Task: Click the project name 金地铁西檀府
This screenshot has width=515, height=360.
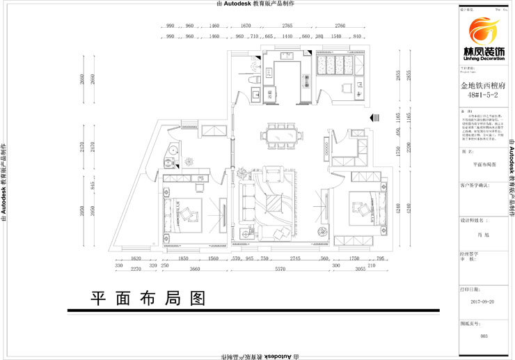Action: point(484,86)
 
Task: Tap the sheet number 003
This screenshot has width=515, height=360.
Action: point(484,336)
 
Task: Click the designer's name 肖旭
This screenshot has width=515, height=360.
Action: point(484,238)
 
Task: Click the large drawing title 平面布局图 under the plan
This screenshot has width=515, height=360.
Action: point(148,298)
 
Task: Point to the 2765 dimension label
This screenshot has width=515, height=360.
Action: point(287,26)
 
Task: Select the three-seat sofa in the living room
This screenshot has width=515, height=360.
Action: point(248,206)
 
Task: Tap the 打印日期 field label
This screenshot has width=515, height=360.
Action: point(470,287)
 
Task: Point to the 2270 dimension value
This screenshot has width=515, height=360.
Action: point(135,269)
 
